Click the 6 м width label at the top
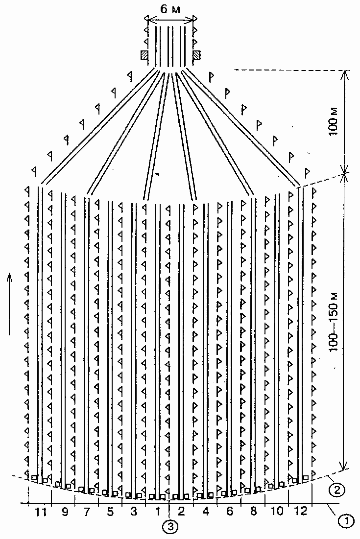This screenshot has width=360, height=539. (170, 10)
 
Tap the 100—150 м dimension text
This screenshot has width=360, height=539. (334, 322)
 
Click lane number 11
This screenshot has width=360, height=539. (41, 512)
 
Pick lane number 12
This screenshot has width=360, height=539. (301, 512)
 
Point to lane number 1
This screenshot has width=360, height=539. (158, 512)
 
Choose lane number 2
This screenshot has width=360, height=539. (181, 512)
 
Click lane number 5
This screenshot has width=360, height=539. (110, 512)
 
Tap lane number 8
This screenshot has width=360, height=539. (253, 512)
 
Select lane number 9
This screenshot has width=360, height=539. (65, 512)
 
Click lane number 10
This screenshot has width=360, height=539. (277, 512)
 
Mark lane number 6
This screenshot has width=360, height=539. (230, 512)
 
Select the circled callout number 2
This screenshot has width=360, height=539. (335, 490)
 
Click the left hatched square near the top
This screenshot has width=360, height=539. (144, 55)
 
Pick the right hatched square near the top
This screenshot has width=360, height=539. (197, 55)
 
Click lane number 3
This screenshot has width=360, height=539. (134, 512)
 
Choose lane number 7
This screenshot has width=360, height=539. (87, 512)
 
